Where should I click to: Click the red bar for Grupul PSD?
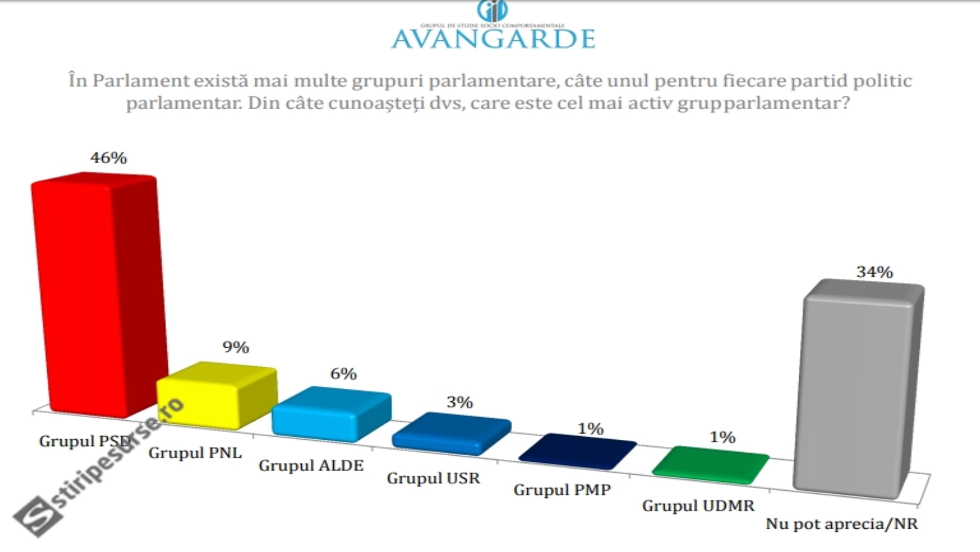tap(98, 294)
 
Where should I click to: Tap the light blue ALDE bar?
tap(331, 414)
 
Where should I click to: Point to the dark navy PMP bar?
tap(577, 451)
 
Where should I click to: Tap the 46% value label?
tap(108, 158)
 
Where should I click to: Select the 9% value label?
tap(235, 347)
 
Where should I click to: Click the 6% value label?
tap(343, 374)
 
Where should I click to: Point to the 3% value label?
tap(459, 402)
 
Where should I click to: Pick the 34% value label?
tap(874, 272)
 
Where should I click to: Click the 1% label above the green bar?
tap(722, 437)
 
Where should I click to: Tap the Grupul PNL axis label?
tap(195, 453)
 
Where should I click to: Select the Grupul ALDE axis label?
tap(311, 466)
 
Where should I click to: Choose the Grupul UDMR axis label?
tap(698, 506)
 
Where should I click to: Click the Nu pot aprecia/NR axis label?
tap(842, 524)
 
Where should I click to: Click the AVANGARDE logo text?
tap(493, 38)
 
